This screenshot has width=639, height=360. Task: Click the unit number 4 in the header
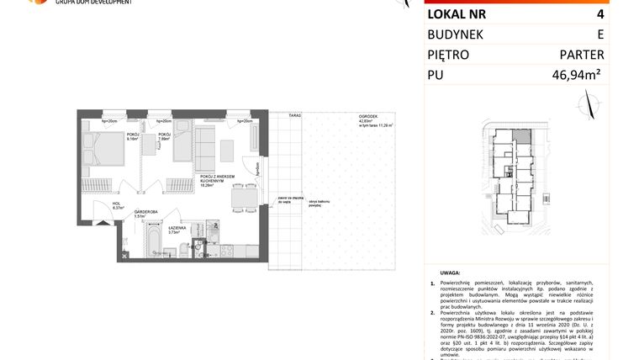pos(599,13)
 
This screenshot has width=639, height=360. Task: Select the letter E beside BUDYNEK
pos(599,34)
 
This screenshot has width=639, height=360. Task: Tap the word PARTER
pos(581,56)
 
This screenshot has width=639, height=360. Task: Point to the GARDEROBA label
pos(147,211)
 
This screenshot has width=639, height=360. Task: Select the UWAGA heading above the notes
pos(451,273)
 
